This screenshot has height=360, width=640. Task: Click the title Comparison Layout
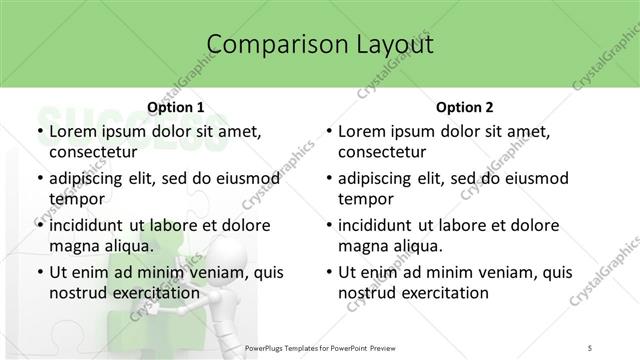point(320,44)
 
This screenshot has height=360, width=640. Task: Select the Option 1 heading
point(175,107)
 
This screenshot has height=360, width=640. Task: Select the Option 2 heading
point(465,107)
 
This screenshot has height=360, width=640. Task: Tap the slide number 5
point(590,347)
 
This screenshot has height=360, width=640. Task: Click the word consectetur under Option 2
point(382,152)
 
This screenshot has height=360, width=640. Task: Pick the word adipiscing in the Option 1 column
point(91,179)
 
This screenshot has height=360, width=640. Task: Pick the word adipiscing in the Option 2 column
point(381,179)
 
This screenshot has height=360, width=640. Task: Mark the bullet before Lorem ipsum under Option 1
point(38,132)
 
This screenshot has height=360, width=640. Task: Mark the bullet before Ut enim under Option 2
point(328,272)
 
